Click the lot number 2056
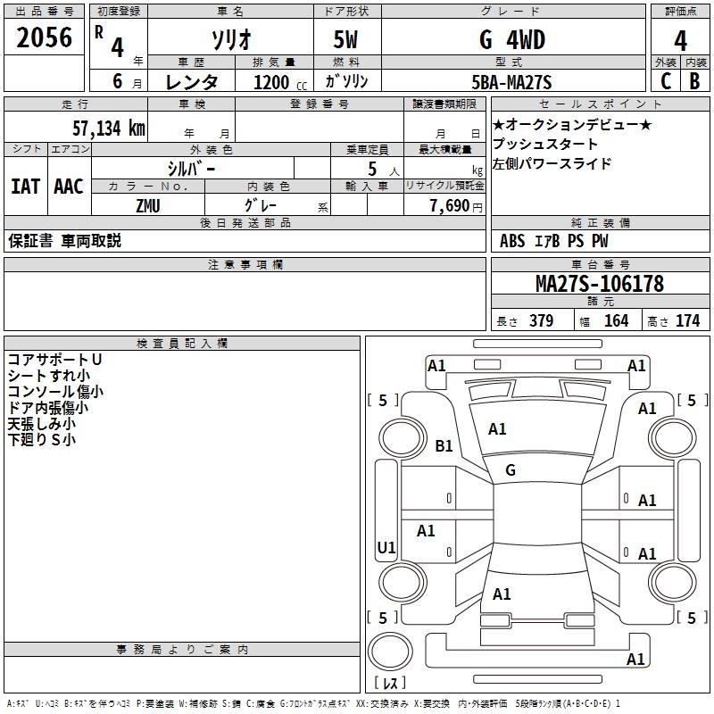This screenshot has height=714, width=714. pos(44,37)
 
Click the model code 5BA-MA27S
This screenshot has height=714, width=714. pos(511,82)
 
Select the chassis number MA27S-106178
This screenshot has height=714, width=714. pos(599,284)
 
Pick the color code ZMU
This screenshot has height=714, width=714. pos(149,204)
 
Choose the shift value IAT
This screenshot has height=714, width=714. pos(25,186)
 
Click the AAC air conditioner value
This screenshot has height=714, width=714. pos(69,186)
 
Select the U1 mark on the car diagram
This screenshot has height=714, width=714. pos(386,547)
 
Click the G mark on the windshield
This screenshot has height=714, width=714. pos(511,469)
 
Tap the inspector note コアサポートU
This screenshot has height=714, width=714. pos(54,359)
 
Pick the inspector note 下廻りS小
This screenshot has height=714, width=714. pos(42,439)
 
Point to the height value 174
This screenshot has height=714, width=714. pos(687,321)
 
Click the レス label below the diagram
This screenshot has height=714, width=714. pos(390,683)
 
